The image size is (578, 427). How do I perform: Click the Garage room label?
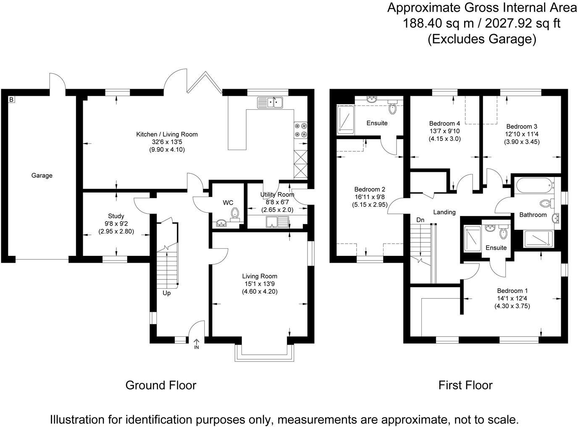[42, 175]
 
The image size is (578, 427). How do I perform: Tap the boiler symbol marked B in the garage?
[11, 100]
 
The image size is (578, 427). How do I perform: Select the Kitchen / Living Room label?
[167, 134]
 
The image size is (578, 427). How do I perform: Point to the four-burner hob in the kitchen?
[300, 130]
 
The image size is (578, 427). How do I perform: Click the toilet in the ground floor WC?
[235, 213]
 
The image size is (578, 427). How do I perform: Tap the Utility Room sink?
[278, 221]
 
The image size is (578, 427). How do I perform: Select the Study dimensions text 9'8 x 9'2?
[116, 224]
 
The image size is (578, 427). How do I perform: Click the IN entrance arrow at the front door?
[196, 344]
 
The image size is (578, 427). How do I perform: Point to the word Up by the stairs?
[167, 293]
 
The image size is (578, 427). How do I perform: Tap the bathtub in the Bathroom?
[533, 186]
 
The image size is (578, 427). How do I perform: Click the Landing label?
[444, 212]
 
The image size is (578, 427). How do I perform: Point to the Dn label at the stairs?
[420, 220]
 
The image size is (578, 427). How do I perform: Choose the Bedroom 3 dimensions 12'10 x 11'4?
[522, 134]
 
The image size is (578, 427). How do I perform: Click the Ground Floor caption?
[161, 385]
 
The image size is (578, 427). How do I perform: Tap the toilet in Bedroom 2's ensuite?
[392, 108]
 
